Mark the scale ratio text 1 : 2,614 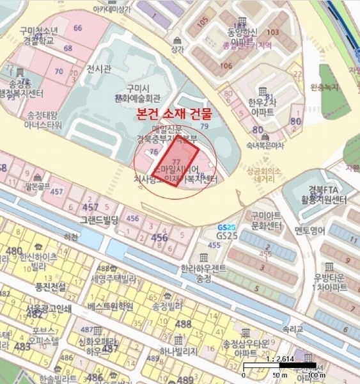281,360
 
